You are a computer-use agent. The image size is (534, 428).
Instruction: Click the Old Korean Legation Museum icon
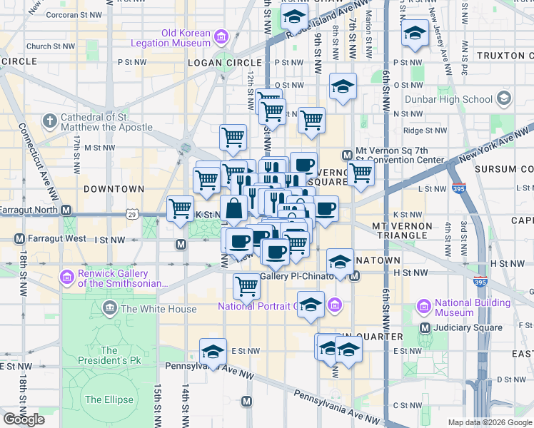(x=221, y=37)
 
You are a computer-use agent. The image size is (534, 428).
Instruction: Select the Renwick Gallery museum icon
(x=68, y=276)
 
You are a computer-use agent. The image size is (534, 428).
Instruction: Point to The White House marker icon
(x=110, y=309)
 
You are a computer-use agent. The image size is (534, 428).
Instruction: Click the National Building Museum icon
(x=423, y=307)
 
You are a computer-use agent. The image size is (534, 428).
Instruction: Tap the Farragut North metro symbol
(x=66, y=210)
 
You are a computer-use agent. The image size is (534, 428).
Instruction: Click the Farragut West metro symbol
(x=19, y=238)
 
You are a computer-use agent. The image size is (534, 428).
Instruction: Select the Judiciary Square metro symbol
(x=425, y=327)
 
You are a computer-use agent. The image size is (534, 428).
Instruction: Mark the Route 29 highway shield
(x=132, y=214)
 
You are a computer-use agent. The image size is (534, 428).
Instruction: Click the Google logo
(x=24, y=419)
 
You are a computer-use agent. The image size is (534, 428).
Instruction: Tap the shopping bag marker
(x=234, y=210)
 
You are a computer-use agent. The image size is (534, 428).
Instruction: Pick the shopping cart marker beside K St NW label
(x=180, y=209)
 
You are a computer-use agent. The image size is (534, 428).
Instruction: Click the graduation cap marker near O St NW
(x=343, y=87)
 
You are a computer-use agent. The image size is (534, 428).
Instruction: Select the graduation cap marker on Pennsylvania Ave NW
(x=213, y=351)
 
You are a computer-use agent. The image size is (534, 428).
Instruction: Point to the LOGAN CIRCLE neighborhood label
(x=223, y=63)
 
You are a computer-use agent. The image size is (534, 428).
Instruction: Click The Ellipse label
(x=104, y=399)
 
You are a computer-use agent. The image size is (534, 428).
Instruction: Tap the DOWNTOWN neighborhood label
(x=114, y=189)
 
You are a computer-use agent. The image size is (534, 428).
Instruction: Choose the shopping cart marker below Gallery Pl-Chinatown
(x=246, y=286)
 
